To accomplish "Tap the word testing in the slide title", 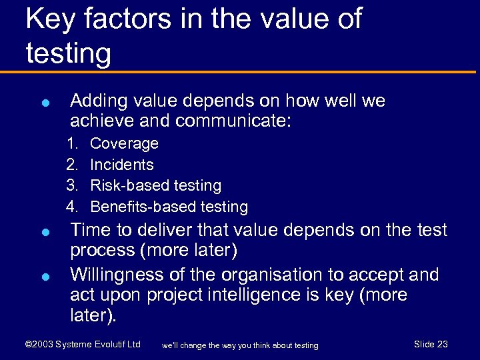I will [x=68, y=53].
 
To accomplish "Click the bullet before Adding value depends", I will [x=43, y=103].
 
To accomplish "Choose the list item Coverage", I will [x=124, y=143].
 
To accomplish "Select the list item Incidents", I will [x=121, y=165].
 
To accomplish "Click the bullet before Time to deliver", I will [x=43, y=233].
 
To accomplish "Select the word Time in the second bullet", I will [x=91, y=231].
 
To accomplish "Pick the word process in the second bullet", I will [x=101, y=251].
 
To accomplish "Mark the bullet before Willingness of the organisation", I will [x=43, y=277].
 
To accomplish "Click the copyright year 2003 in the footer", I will [x=42, y=344].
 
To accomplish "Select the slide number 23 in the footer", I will [x=442, y=344].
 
